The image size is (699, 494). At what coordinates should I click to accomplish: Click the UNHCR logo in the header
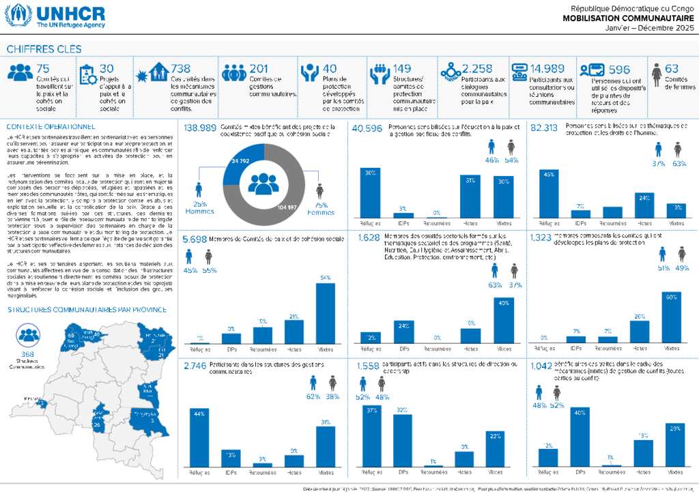point(57,16)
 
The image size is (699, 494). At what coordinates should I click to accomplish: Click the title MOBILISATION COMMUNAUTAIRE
point(628,18)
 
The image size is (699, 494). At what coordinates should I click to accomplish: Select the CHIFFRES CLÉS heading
point(44,49)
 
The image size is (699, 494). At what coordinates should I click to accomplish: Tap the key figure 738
point(181,68)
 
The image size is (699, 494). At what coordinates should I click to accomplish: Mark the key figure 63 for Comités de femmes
point(672,68)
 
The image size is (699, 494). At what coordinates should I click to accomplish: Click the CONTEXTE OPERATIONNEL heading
point(51,126)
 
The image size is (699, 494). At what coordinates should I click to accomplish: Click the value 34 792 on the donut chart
point(239,161)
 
